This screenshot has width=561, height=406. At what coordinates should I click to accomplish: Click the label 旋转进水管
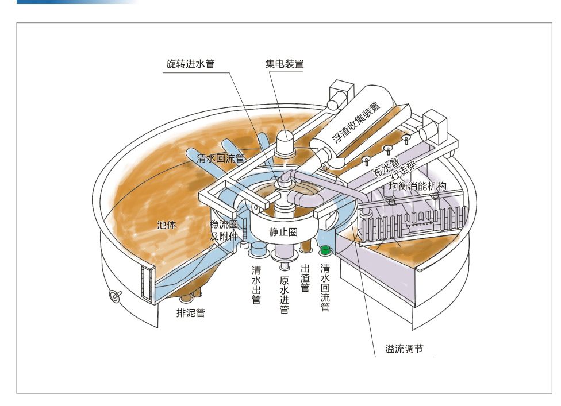pos(190,64)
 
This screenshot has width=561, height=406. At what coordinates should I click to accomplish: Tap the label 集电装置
pos(284,64)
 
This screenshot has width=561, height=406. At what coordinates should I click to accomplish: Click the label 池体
pos(166,225)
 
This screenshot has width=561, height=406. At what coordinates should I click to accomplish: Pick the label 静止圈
pos(282,232)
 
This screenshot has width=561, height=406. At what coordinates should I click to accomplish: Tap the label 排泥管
pos(191,313)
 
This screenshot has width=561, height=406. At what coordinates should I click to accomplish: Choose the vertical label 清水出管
pos(256,285)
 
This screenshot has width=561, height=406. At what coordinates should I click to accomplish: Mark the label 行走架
pos(402,175)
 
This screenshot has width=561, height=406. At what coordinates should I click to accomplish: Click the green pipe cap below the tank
pos(325,250)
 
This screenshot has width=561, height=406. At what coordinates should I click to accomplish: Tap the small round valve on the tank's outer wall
pos(114,296)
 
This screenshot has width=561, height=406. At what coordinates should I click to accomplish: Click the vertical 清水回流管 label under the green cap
pos(325,288)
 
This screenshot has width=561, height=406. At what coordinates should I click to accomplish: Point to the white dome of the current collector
pos(285,137)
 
